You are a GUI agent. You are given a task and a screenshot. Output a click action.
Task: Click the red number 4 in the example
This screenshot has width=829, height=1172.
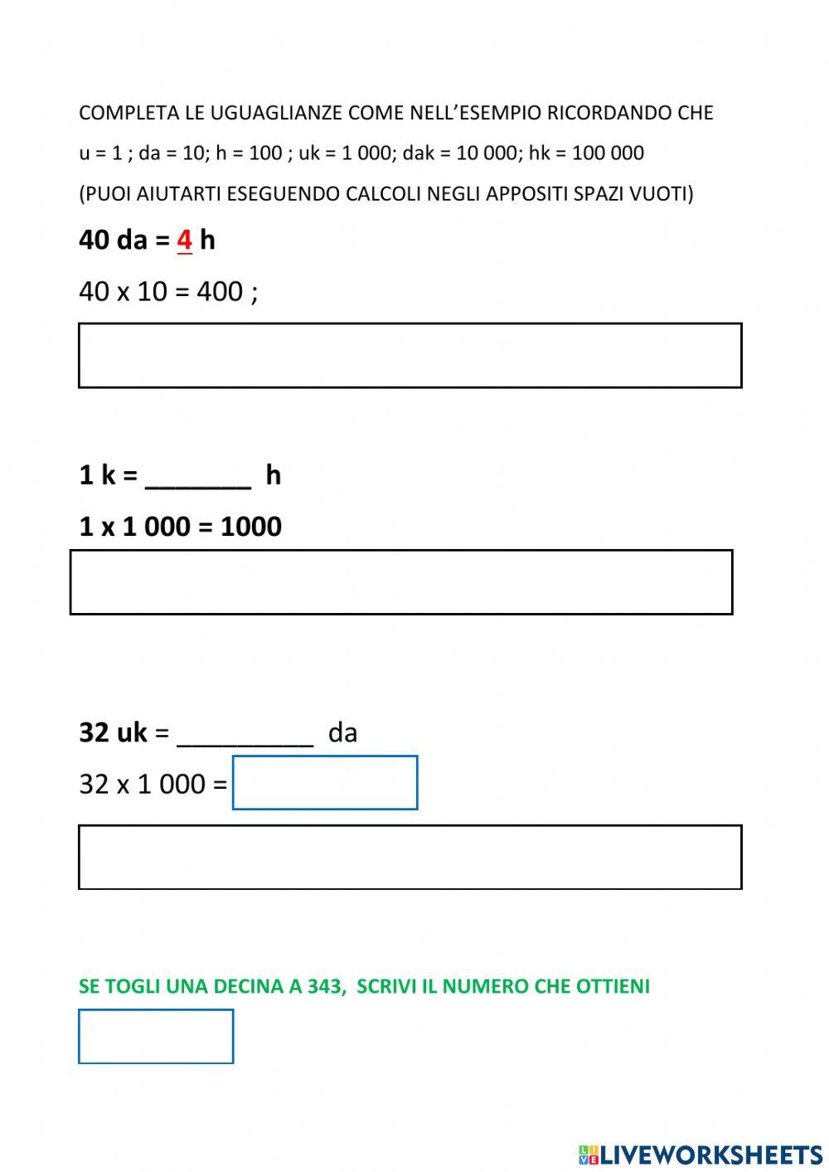pyautogui.click(x=184, y=240)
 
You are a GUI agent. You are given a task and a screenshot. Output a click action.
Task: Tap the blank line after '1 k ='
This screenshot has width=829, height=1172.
pyautogui.click(x=197, y=479)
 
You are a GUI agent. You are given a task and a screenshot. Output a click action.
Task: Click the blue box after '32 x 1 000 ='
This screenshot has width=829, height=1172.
pyautogui.click(x=325, y=782)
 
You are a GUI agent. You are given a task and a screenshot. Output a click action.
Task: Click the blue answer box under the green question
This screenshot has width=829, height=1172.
pyautogui.click(x=156, y=1036)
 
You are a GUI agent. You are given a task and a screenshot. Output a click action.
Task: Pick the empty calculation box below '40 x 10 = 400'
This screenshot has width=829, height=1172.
pyautogui.click(x=410, y=355)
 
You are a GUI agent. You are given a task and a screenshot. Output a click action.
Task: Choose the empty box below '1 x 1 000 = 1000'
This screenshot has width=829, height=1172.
pyautogui.click(x=401, y=581)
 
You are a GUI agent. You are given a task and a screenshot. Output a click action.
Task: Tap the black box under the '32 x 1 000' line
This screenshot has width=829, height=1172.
pyautogui.click(x=410, y=857)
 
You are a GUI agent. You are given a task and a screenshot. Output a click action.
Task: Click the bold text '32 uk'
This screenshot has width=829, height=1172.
pyautogui.click(x=113, y=732)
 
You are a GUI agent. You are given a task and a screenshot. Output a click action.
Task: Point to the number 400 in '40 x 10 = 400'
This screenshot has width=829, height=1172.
pyautogui.click(x=219, y=291)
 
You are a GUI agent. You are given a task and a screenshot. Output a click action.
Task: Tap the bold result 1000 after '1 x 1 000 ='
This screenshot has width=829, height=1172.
pyautogui.click(x=250, y=527)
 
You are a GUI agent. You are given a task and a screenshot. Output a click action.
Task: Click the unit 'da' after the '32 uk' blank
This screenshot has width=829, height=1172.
pyautogui.click(x=342, y=732)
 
